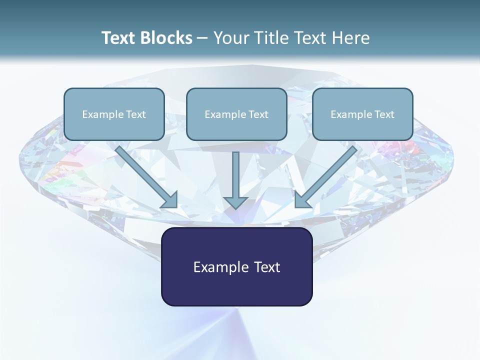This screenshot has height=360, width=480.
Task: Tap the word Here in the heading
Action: [x=351, y=38]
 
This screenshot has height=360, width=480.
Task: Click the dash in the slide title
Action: [x=202, y=38]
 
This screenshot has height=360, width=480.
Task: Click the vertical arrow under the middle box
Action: [x=235, y=175]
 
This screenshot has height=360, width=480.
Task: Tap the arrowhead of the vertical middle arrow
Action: [x=235, y=202]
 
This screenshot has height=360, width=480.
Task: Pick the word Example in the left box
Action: [x=99, y=114]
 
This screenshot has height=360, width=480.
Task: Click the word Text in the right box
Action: [x=383, y=114]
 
